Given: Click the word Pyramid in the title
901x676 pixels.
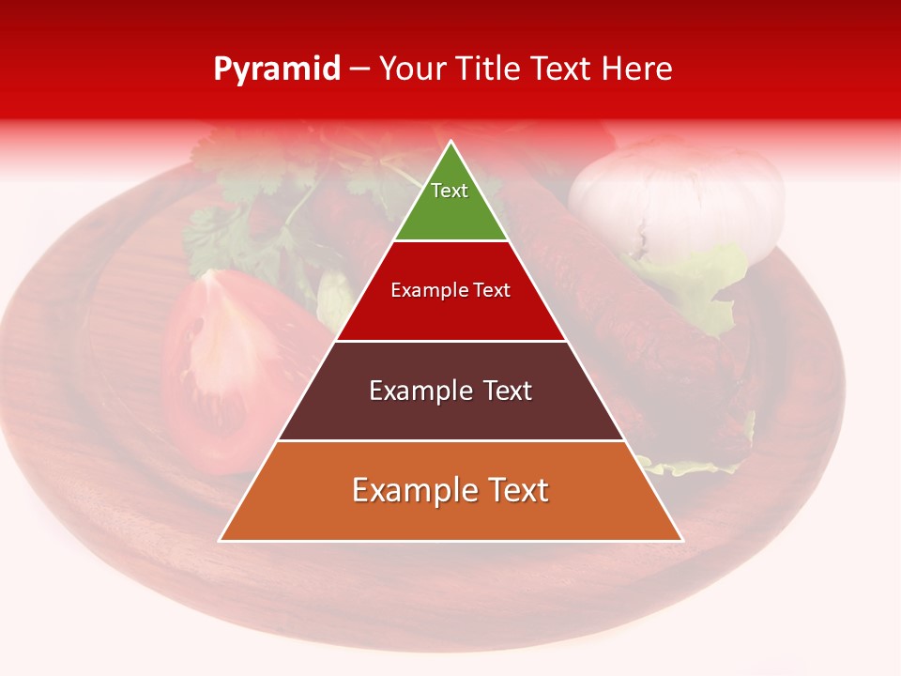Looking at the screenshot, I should pyautogui.click(x=277, y=69).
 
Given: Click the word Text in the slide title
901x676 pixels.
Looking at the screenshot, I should pyautogui.click(x=564, y=69).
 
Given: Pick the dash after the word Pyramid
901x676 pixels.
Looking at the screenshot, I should pyautogui.click(x=359, y=69).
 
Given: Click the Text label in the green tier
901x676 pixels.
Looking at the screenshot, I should pyautogui.click(x=450, y=191).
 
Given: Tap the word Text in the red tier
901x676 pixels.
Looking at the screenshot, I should pyautogui.click(x=493, y=290).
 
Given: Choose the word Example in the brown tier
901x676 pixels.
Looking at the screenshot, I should pyautogui.click(x=417, y=391).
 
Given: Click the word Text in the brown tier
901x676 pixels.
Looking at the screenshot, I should pyautogui.click(x=508, y=391).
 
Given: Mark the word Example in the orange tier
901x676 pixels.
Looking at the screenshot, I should pyautogui.click(x=410, y=490).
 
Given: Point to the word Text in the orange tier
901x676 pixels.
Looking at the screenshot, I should pyautogui.click(x=518, y=490).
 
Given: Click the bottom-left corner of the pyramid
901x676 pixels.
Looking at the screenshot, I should pyautogui.click(x=220, y=541).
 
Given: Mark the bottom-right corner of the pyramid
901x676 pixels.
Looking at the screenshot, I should pyautogui.click(x=682, y=541).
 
